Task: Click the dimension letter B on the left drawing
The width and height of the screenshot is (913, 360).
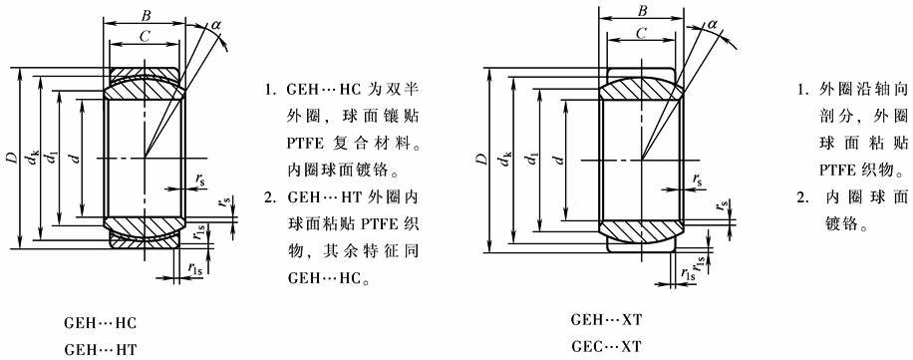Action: click(x=147, y=15)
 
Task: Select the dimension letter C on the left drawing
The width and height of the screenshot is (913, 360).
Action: click(x=145, y=36)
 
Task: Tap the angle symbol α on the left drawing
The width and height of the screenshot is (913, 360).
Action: click(x=216, y=25)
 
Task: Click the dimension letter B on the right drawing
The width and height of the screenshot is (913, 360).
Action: click(x=643, y=11)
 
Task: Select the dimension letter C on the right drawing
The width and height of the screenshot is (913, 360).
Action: click(x=641, y=34)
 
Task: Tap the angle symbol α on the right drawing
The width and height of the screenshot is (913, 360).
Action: click(x=712, y=24)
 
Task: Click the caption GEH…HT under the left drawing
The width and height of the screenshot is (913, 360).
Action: click(x=100, y=349)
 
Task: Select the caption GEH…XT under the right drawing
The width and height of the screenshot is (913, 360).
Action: click(x=606, y=321)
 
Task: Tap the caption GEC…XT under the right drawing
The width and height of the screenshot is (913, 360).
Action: click(x=606, y=347)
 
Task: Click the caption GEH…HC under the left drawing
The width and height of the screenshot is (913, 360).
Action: click(x=100, y=323)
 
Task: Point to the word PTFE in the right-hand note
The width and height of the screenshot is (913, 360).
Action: click(x=838, y=172)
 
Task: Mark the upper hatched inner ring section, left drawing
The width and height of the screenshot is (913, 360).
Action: click(x=145, y=89)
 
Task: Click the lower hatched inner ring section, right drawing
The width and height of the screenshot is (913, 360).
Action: click(x=641, y=229)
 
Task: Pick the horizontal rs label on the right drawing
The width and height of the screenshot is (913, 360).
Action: click(x=697, y=180)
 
